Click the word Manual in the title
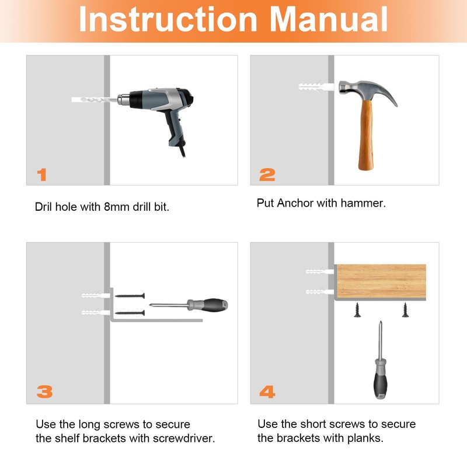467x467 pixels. tap(329, 19)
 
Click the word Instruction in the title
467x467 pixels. tap(168, 19)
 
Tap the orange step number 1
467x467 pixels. tap(42, 175)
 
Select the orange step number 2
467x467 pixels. tap(267, 175)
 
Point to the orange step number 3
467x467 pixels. tap(45, 391)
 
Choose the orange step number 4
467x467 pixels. tap(267, 391)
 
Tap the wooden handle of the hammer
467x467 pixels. tap(366, 135)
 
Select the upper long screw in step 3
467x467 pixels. tap(130, 296)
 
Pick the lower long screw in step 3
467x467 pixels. tap(130, 313)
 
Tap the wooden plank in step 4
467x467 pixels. tap(382, 281)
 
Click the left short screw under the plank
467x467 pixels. tap(357, 310)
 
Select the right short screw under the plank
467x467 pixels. tap(405, 310)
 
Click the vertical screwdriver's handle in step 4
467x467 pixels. tap(381, 381)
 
